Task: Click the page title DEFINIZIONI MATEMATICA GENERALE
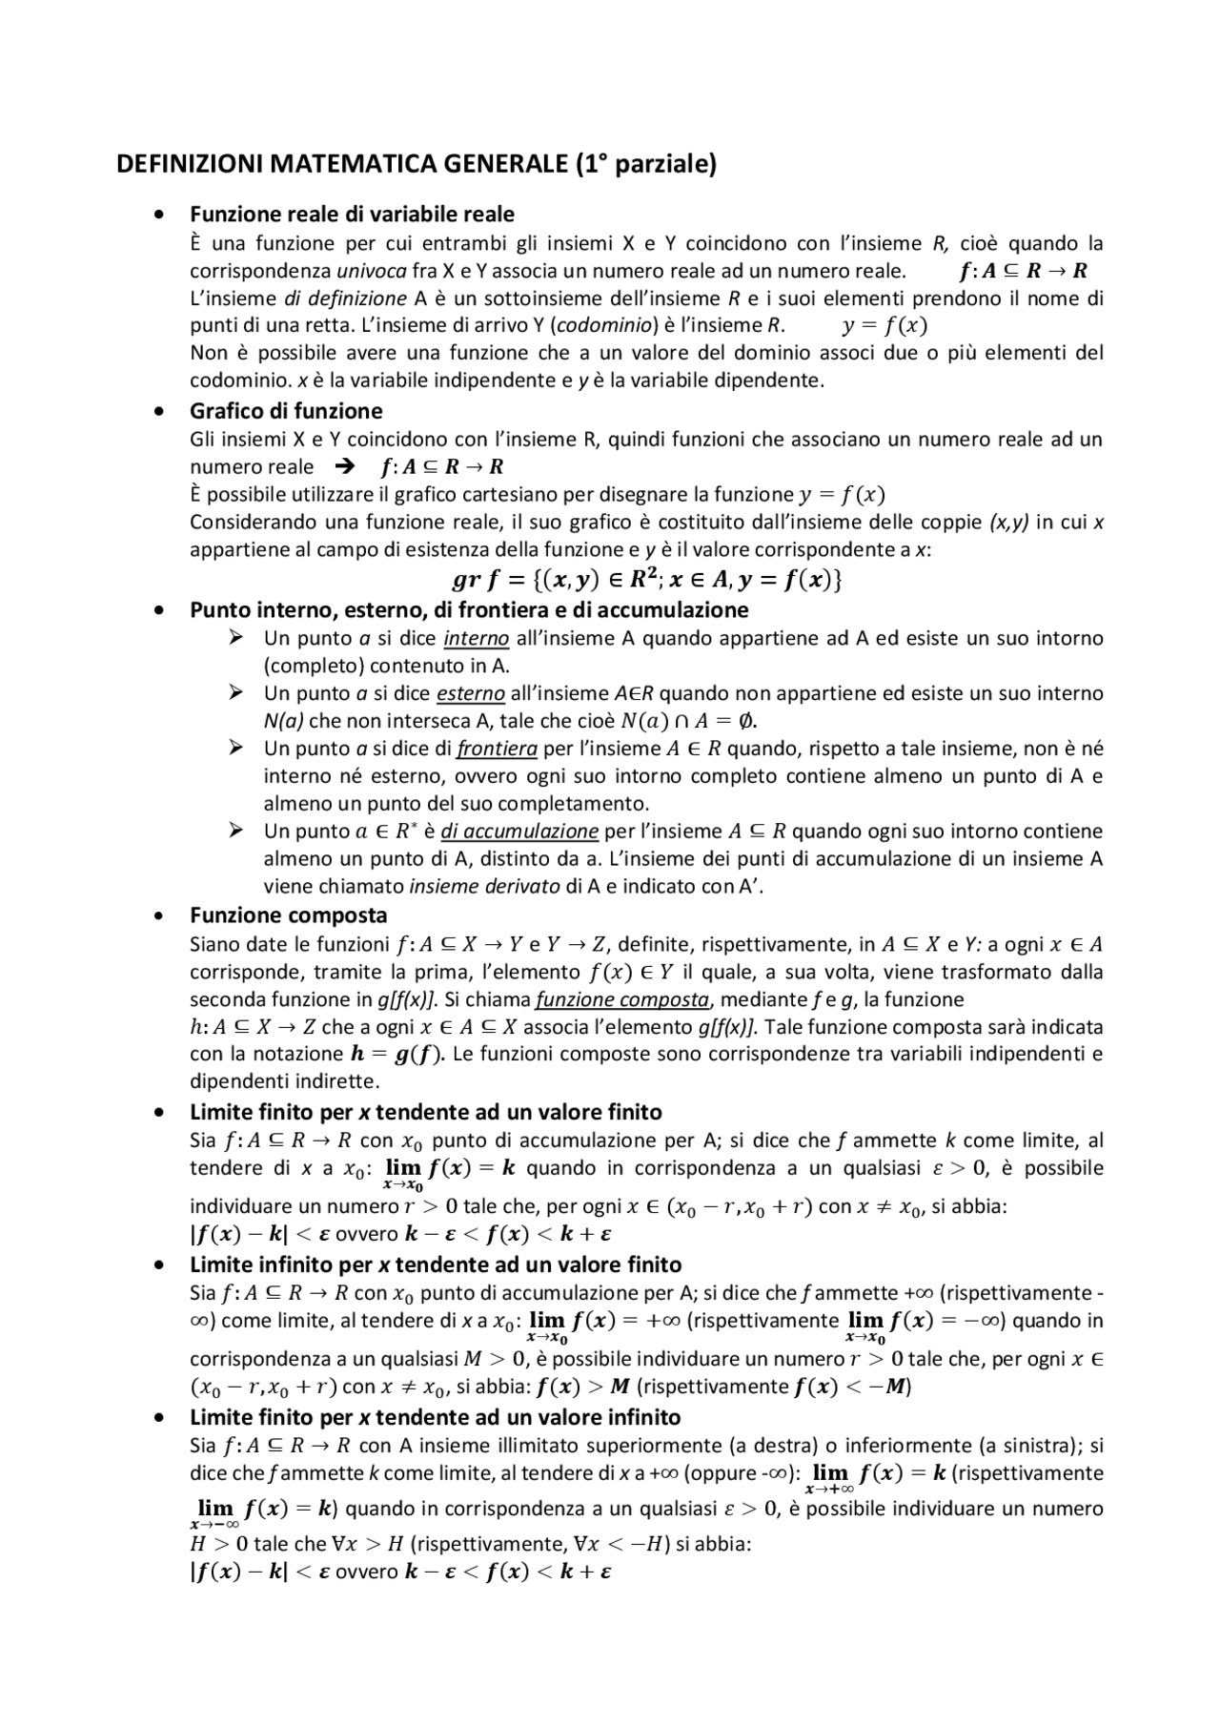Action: [416, 165]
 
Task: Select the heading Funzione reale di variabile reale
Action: [352, 214]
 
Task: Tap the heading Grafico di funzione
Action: [286, 411]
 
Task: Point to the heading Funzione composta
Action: [288, 915]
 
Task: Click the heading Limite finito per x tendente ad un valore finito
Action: [425, 1112]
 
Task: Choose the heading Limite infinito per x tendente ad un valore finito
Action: [436, 1264]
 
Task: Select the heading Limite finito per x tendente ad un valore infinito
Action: [435, 1417]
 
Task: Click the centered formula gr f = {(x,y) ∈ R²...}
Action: [646, 580]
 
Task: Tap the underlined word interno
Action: [477, 638]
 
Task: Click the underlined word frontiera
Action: [497, 749]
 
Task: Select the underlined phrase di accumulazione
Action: [519, 832]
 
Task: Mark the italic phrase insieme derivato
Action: [484, 886]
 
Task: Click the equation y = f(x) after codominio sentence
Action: [884, 325]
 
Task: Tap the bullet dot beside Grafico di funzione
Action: [159, 412]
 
